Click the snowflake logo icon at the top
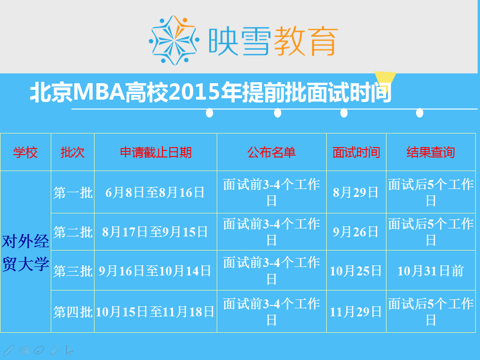(x=174, y=40)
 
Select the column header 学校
(x=25, y=152)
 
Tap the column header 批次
(x=72, y=152)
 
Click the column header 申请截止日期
(x=156, y=152)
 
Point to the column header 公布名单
(x=272, y=152)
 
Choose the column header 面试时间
(x=356, y=152)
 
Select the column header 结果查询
(x=431, y=152)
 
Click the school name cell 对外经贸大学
(x=25, y=253)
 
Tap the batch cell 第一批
(x=73, y=193)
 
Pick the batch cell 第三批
(x=73, y=271)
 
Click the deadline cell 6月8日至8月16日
(x=155, y=193)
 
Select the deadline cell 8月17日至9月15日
(x=155, y=232)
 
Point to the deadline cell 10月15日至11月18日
(x=155, y=312)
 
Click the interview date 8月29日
(x=356, y=193)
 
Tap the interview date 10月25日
(x=356, y=271)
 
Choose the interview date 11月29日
(x=356, y=312)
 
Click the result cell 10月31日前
(x=431, y=271)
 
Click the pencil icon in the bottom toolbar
(x=8, y=350)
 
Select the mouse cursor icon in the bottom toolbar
(x=70, y=351)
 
